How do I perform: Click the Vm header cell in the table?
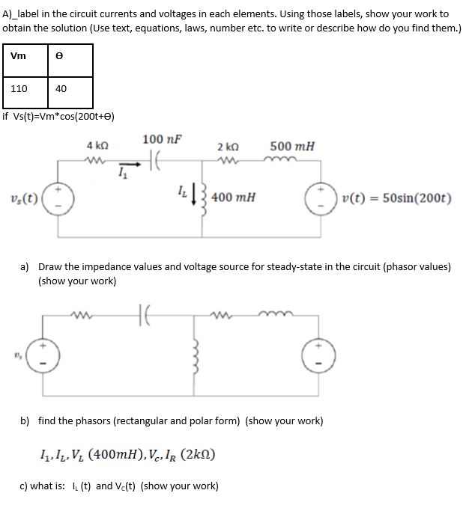25,60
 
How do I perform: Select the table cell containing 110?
25,88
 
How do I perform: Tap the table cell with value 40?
70,88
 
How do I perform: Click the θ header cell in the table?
70,60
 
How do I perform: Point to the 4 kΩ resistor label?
95,144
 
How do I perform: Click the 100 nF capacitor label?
162,139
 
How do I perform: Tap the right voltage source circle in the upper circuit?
321,198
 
